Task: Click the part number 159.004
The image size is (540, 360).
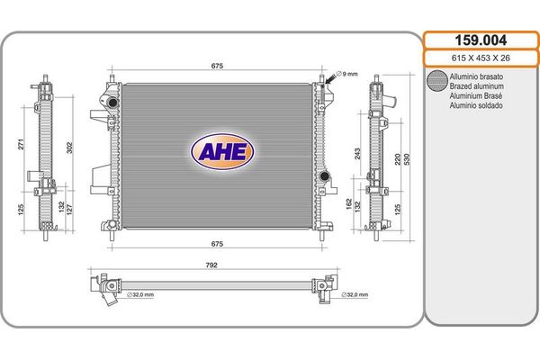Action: coord(481,40)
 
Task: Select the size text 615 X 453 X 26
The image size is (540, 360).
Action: coord(481,58)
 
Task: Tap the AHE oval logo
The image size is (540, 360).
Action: coord(222,151)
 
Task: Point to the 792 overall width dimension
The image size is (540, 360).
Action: coord(211,265)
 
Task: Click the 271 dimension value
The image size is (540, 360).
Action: coord(22,144)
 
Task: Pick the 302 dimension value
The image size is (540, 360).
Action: coord(69,148)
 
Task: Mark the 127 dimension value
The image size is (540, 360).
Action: coord(70,210)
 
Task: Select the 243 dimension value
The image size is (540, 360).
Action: coord(357,154)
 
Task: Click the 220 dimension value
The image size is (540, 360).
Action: coord(398,159)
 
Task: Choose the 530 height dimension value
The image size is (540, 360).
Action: coord(407,159)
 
